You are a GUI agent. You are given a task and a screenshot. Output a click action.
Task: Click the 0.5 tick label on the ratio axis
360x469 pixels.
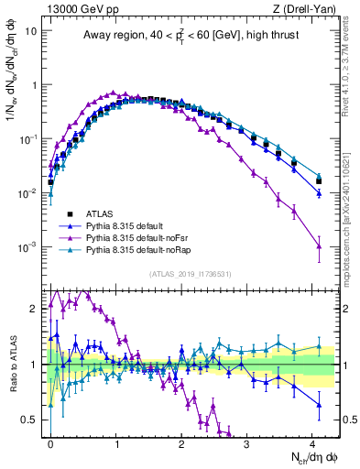(x=29, y=420)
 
